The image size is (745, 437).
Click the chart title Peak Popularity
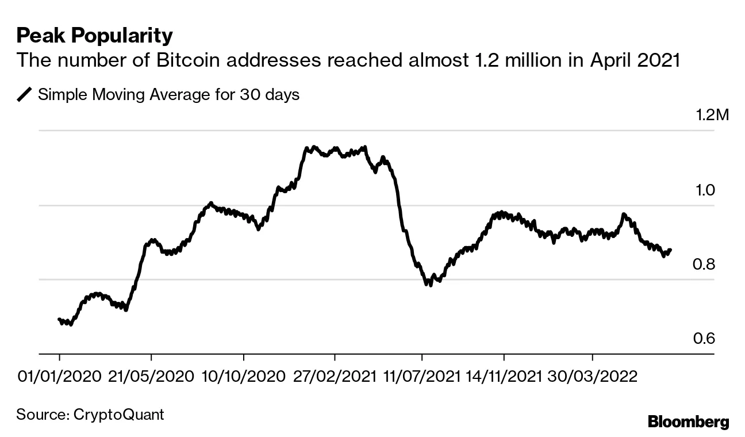pos(94,36)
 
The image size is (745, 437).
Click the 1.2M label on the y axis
pos(712,116)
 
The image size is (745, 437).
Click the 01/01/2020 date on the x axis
pos(59,377)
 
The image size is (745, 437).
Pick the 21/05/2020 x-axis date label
pos(151,377)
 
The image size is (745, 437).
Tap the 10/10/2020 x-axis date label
pos(243,377)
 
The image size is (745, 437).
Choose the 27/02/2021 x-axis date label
pos(335,377)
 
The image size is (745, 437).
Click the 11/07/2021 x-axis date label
pos(421,377)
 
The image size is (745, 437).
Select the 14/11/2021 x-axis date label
pos(504,377)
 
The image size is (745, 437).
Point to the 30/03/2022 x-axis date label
pos(593,377)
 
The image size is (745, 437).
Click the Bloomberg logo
pos(688,422)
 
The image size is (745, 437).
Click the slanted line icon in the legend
pos(25,95)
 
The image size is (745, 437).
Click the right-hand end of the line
pos(670,250)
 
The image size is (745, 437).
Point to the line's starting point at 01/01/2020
pos(59,319)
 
